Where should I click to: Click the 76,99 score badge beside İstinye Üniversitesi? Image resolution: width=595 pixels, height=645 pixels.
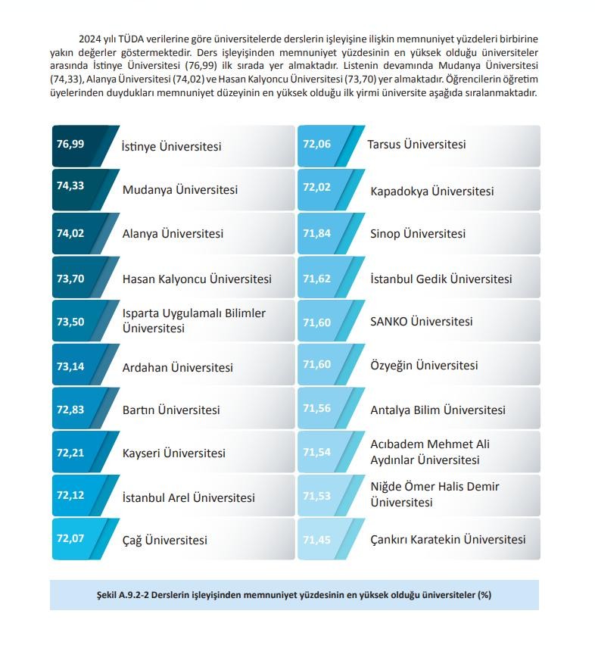point(70,144)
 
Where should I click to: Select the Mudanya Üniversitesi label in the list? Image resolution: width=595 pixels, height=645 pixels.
point(179,190)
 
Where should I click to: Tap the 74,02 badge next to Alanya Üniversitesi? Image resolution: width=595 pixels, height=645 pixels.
point(70,233)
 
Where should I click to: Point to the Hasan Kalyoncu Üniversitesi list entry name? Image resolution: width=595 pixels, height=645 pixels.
point(196,279)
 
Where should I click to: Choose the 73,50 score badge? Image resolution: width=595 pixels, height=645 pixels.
point(70,322)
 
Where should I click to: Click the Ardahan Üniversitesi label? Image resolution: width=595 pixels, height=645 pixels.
point(177,368)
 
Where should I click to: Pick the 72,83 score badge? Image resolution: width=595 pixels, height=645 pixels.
point(70,410)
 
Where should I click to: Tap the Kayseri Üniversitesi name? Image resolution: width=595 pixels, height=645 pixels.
point(173,453)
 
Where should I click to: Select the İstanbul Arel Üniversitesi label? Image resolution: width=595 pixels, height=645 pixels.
point(188,497)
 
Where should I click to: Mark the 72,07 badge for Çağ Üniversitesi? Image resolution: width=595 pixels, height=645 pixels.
point(70,539)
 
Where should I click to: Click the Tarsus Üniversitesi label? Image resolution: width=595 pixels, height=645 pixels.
point(416,144)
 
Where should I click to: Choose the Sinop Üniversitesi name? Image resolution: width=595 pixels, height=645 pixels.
point(417,234)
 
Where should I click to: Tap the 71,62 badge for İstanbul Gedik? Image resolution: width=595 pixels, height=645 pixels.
point(316,279)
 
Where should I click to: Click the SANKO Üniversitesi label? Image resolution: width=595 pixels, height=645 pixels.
point(421,322)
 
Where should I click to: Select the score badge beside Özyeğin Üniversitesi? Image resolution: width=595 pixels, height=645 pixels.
point(316,365)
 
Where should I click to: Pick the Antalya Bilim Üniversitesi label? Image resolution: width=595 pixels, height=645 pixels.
point(438,410)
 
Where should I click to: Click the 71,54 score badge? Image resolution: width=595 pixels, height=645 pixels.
point(316,452)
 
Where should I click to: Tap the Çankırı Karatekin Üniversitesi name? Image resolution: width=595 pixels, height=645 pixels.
point(447,540)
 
